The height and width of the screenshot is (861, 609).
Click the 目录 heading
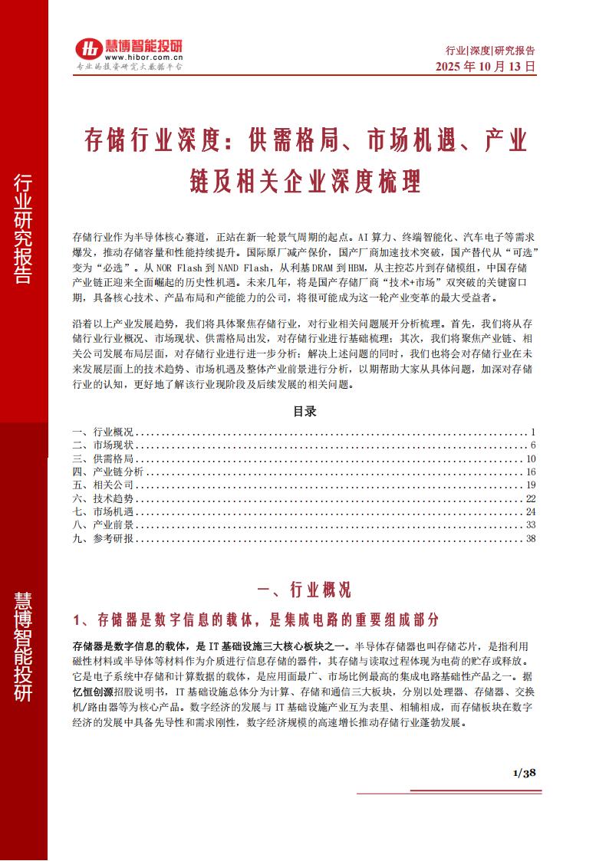tap(304, 412)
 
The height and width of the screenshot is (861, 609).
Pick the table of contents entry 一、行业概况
tap(103, 432)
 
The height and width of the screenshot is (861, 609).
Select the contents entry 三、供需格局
tap(103, 458)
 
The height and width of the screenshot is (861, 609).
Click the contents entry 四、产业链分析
tap(107, 472)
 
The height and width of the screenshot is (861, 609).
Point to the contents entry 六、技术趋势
tap(103, 498)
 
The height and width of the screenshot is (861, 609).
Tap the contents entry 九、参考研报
tap(103, 538)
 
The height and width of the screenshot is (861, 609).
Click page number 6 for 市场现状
tap(532, 445)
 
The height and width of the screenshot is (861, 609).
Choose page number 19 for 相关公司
tap(530, 485)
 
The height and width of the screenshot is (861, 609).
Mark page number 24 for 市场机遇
tap(530, 511)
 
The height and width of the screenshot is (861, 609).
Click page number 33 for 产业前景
tap(530, 525)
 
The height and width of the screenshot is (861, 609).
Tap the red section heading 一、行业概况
tap(304, 590)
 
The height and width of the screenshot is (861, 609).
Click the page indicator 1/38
tap(524, 772)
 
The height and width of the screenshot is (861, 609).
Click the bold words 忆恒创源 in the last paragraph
tap(94, 691)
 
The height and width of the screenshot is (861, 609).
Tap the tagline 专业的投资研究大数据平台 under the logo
tap(127, 67)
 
